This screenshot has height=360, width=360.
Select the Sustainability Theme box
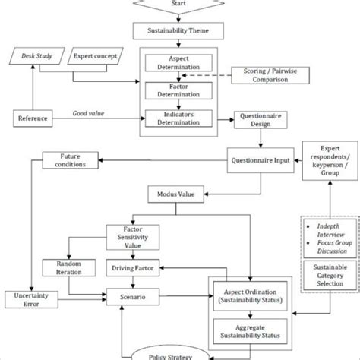[x=180, y=31]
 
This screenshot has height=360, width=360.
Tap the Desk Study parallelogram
[x=35, y=56]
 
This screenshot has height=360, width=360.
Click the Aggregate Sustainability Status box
[x=250, y=332]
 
